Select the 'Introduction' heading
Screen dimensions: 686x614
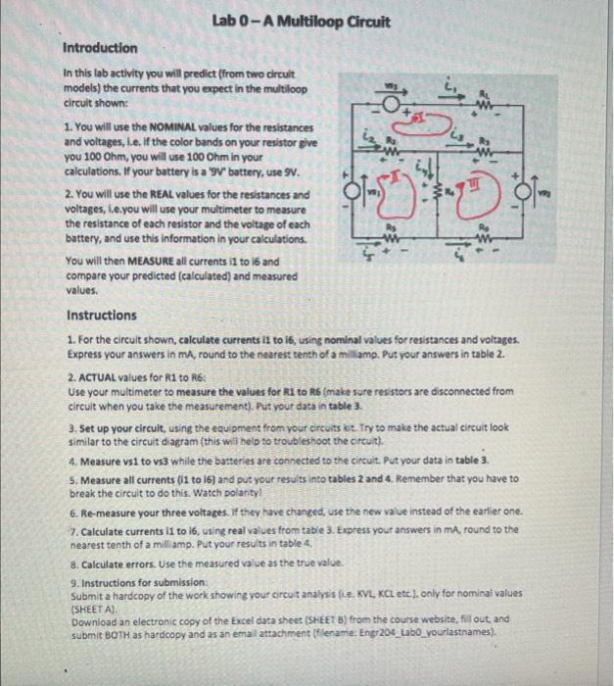coord(100,48)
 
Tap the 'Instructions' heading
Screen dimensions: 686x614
coord(103,316)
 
